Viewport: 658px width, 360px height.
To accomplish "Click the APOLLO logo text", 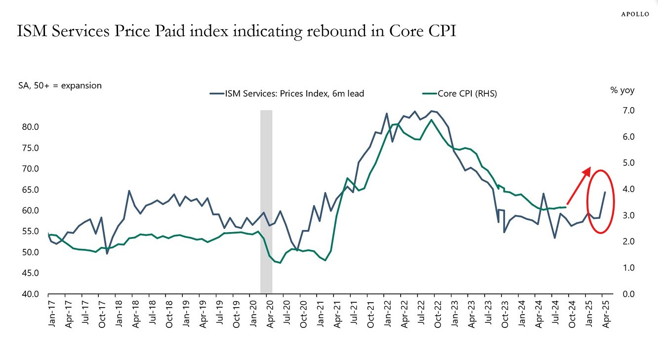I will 635,14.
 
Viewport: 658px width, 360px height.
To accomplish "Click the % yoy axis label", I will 622,90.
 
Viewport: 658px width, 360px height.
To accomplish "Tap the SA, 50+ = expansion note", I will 60,85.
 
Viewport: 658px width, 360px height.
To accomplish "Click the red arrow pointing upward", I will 579,185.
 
